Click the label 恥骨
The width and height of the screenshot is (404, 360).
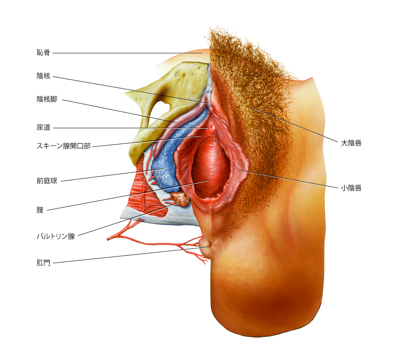[43, 53]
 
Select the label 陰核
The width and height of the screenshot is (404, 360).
[43, 76]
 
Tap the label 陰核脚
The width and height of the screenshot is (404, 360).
[47, 99]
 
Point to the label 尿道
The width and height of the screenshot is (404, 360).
[43, 127]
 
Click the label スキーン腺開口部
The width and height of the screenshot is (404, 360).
[64, 146]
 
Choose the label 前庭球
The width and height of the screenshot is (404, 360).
[47, 181]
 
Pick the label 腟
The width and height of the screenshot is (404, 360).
[40, 210]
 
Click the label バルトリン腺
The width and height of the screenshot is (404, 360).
[56, 236]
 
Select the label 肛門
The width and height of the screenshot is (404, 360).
[43, 263]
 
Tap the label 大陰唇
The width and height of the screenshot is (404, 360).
[351, 143]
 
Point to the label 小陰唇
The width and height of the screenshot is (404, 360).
[351, 188]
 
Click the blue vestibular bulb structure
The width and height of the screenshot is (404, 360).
[168, 160]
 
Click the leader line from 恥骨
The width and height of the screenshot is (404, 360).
[127, 53]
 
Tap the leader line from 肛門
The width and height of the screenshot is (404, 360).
[130, 255]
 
